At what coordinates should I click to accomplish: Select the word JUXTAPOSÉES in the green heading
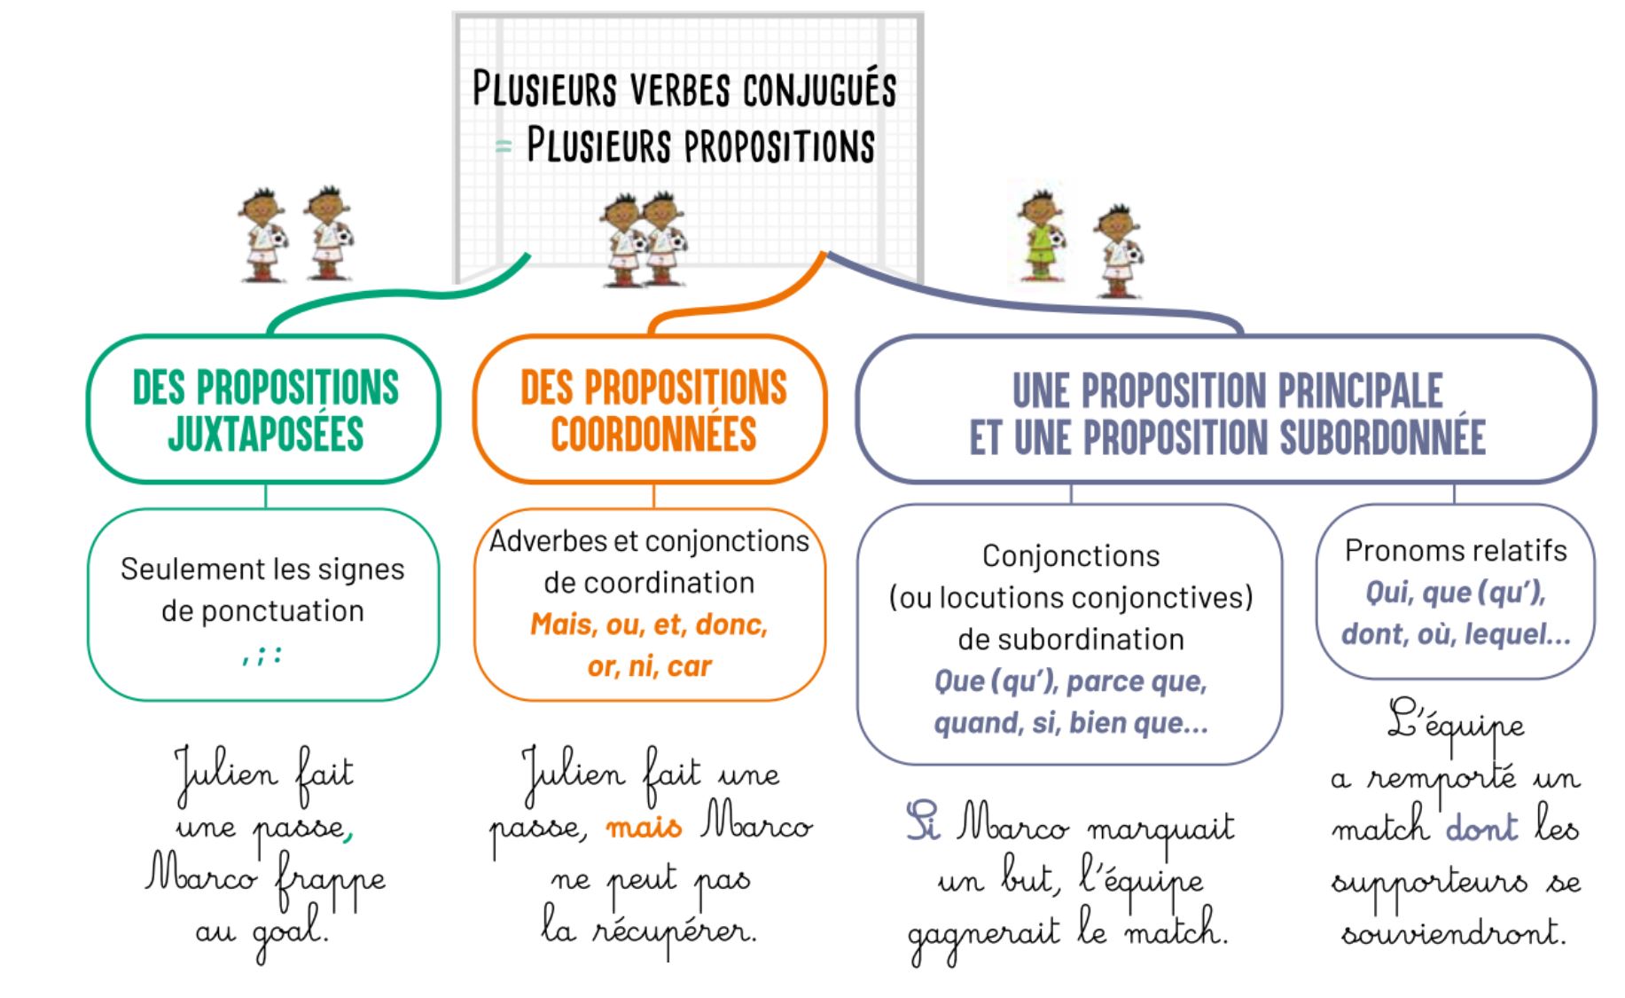[265, 434]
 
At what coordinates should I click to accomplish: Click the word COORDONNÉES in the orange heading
[653, 434]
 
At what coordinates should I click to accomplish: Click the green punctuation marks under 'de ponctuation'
[262, 656]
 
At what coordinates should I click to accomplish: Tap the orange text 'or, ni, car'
[649, 665]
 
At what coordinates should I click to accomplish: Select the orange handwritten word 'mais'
[644, 829]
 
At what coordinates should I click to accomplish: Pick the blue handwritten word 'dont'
[1481, 827]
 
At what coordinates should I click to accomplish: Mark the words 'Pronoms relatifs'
[1456, 551]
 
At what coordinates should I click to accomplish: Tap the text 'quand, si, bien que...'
[1071, 723]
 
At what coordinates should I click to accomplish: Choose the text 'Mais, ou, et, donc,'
[649, 625]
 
